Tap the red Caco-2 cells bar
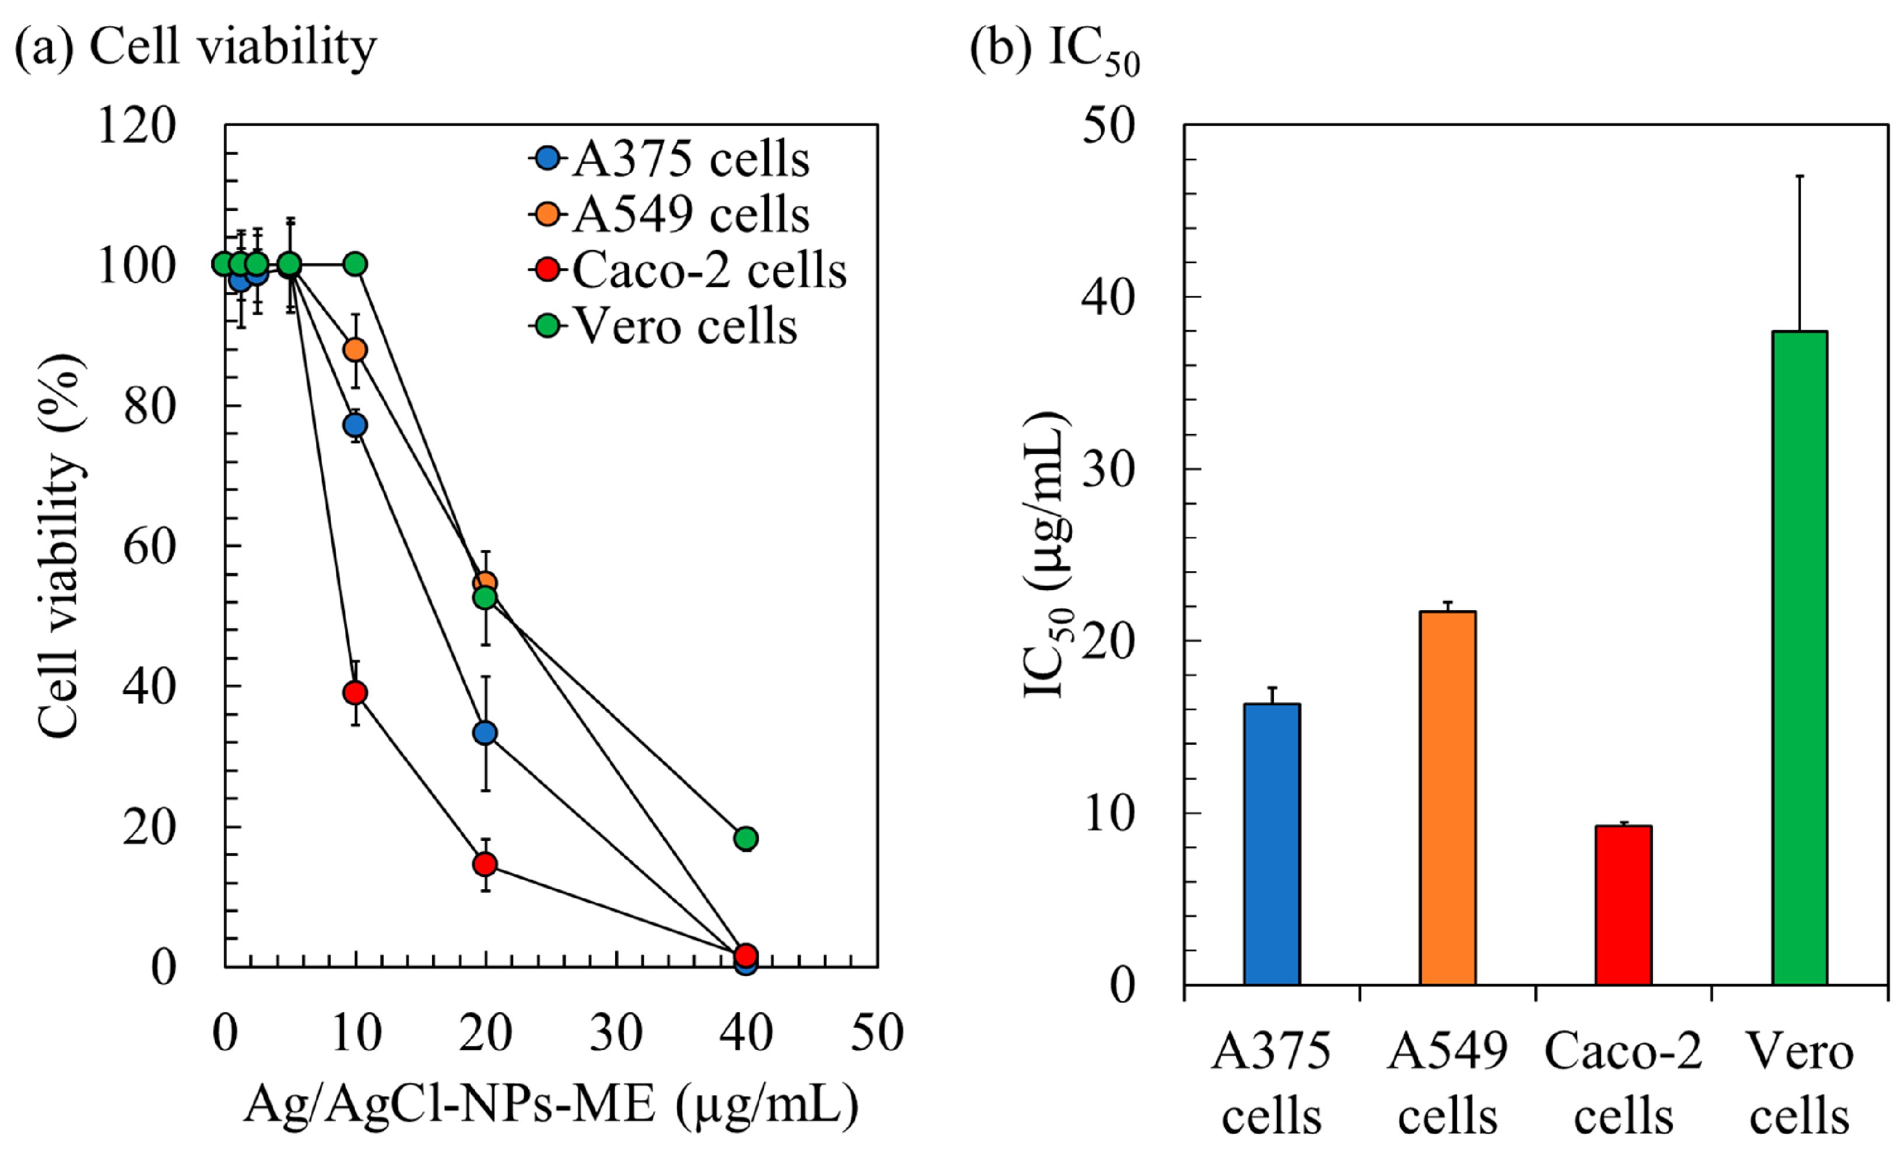click(1623, 905)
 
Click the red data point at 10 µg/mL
click(355, 692)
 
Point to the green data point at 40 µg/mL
click(745, 837)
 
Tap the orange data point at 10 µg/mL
click(355, 350)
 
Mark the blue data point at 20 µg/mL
click(485, 733)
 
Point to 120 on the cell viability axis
click(138, 125)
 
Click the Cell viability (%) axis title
click(60, 545)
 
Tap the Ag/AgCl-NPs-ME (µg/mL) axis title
click(550, 1105)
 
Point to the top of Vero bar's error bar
click(1799, 176)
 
